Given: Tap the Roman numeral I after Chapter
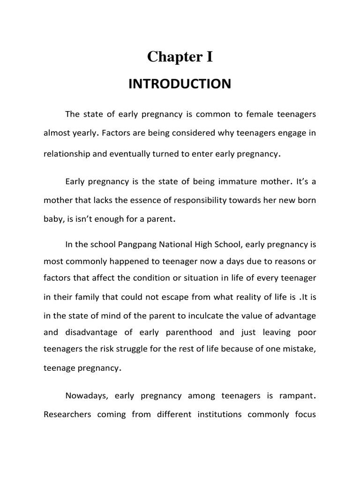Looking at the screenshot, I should [209, 57].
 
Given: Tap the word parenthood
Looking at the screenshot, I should [187, 332].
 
